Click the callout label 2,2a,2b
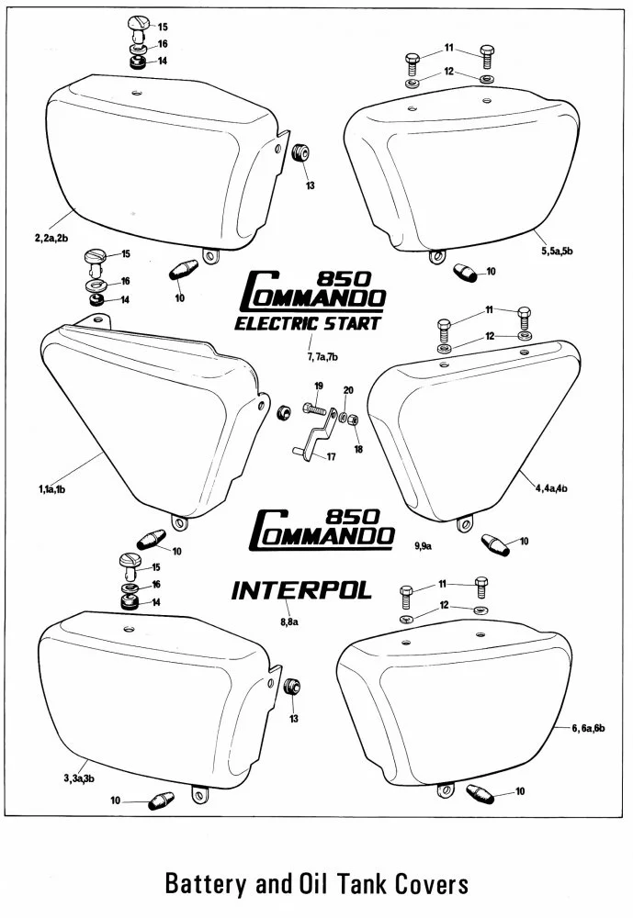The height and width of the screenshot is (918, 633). (x=51, y=238)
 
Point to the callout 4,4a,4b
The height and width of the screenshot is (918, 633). (x=551, y=487)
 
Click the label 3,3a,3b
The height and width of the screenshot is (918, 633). (x=79, y=778)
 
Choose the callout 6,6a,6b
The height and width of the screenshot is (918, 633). (x=589, y=728)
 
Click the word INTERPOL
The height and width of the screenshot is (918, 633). (x=302, y=590)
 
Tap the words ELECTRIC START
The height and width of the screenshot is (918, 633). (x=308, y=323)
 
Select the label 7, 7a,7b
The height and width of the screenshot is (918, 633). (x=323, y=356)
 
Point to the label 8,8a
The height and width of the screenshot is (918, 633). (x=289, y=621)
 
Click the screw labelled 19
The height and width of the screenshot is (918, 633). (x=315, y=409)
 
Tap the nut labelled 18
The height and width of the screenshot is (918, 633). (x=354, y=420)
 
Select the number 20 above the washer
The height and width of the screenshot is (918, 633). (x=348, y=390)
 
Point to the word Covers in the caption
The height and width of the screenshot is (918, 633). (x=431, y=882)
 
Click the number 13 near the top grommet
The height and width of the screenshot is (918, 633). (x=310, y=185)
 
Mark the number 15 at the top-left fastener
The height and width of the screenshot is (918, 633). (x=163, y=27)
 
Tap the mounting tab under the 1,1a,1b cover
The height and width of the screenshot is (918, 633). (x=179, y=521)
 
